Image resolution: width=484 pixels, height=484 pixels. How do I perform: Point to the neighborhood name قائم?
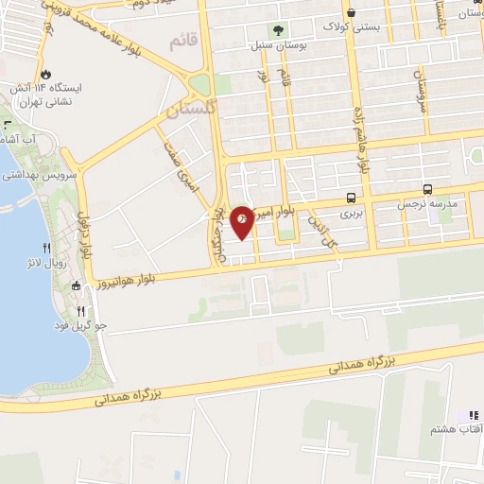tap(182, 42)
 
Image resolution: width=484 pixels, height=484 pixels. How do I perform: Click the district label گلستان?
tap(185, 110)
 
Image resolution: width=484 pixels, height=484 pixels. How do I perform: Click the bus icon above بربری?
tap(352, 198)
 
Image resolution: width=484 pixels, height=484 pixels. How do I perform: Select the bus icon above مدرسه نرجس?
tap(428, 189)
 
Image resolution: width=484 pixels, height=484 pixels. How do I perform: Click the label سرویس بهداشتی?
tap(29, 175)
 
